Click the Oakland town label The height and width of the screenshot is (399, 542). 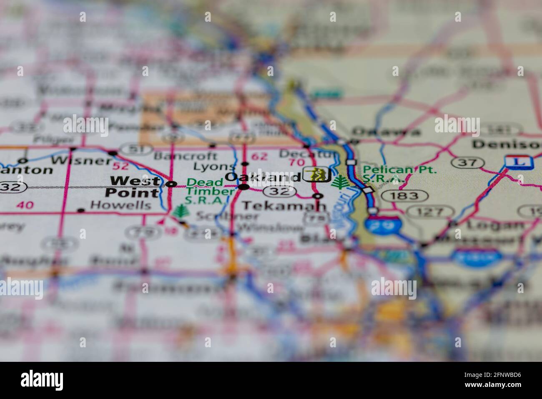[x=262, y=177]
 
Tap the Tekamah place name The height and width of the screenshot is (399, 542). [x=284, y=206]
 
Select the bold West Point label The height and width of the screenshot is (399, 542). [x=134, y=187]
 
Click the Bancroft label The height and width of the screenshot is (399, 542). [x=185, y=157]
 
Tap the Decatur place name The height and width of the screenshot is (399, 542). [x=307, y=154]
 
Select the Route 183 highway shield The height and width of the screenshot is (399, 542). [x=404, y=195]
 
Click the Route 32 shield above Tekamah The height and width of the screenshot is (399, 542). [x=282, y=192]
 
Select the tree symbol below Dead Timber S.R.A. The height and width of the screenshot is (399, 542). [x=181, y=212]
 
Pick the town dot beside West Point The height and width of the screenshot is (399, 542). [x=171, y=184]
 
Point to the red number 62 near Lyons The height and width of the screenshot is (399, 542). [x=260, y=157]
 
